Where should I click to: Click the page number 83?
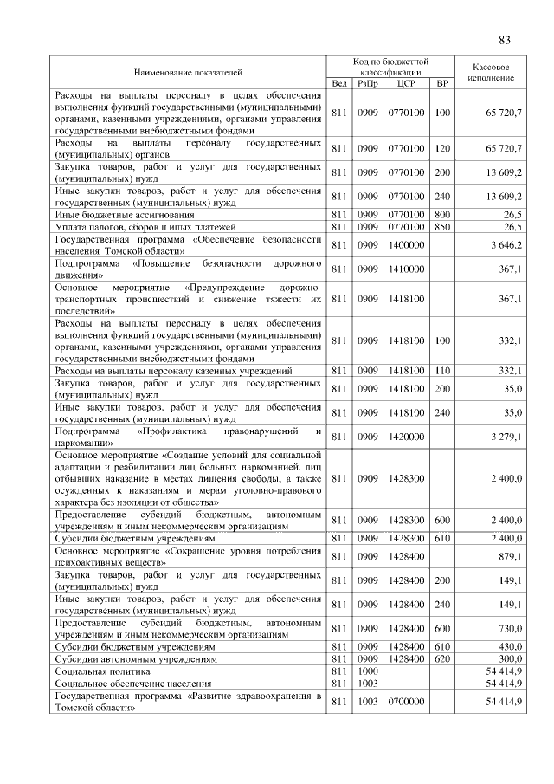(x=506, y=39)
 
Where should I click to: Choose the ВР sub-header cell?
(x=443, y=83)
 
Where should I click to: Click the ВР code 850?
(x=442, y=226)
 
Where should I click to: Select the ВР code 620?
(x=442, y=658)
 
